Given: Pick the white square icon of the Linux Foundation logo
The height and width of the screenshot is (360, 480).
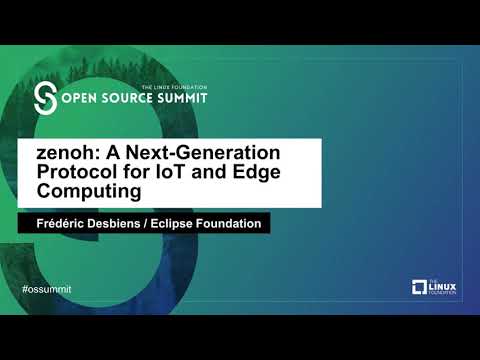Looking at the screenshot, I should pyautogui.click(x=420, y=288).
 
